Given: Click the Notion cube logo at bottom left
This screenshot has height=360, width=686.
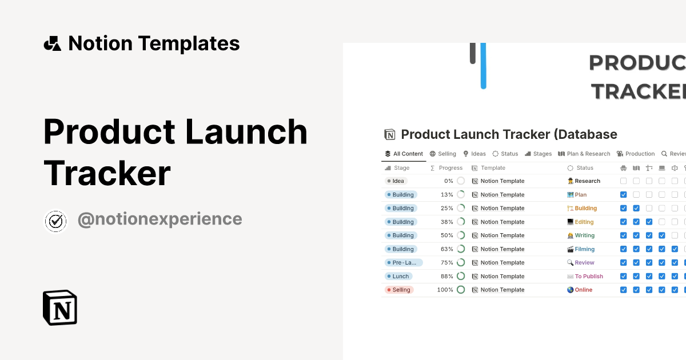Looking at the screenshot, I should pyautogui.click(x=59, y=307).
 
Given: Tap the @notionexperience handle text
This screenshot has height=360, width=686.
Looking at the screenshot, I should pyautogui.click(x=159, y=219).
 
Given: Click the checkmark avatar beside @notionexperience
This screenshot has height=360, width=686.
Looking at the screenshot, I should pyautogui.click(x=56, y=221).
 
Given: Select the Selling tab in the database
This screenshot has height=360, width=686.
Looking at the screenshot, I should pyautogui.click(x=443, y=154).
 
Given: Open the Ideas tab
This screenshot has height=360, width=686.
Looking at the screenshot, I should pyautogui.click(x=474, y=154).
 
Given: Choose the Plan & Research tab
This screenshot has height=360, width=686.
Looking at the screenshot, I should pyautogui.click(x=584, y=154).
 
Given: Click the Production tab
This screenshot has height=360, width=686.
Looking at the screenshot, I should pyautogui.click(x=636, y=154).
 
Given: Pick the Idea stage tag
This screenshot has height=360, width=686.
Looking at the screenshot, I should pyautogui.click(x=396, y=181).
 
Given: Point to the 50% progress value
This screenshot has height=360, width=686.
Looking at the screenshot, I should pyautogui.click(x=446, y=235).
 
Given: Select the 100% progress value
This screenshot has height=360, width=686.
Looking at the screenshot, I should pyautogui.click(x=445, y=290).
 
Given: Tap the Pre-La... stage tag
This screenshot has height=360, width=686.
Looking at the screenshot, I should pyautogui.click(x=404, y=263).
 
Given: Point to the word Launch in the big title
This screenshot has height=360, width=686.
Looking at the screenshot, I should pyautogui.click(x=246, y=131).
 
